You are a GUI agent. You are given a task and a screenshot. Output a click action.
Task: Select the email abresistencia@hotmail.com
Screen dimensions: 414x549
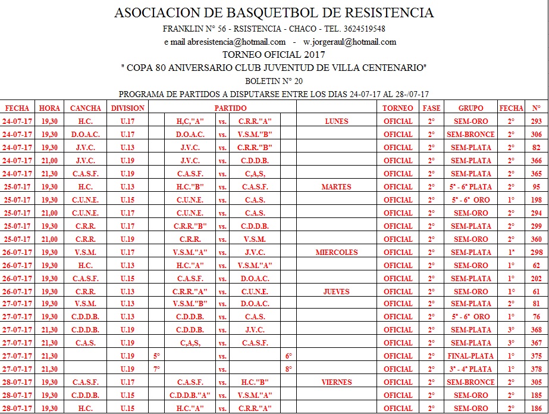tap(237, 42)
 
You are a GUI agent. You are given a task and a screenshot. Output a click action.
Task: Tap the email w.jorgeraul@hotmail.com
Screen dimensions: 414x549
tap(350, 42)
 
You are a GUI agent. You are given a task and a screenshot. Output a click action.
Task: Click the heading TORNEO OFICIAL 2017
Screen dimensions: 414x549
tap(274, 55)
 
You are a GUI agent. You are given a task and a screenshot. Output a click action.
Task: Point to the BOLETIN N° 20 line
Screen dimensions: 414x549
tap(274, 81)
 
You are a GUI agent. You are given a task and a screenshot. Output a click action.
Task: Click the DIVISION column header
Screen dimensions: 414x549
tap(127, 108)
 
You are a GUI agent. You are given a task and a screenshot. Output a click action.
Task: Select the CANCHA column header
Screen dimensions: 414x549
tap(86, 108)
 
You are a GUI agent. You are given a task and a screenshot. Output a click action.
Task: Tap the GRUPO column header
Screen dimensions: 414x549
tap(470, 108)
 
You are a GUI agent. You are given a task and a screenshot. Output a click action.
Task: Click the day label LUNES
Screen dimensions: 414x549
tap(337, 122)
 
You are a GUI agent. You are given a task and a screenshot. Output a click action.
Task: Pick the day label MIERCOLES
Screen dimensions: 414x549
tap(337, 253)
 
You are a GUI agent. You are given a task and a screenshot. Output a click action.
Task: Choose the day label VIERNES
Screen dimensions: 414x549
tap(337, 382)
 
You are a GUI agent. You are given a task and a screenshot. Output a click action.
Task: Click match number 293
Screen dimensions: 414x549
tap(537, 122)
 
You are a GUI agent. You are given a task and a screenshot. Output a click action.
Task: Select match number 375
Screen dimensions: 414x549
tap(537, 356)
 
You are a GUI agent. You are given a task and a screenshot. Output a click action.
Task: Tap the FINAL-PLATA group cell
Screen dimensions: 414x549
tap(470, 356)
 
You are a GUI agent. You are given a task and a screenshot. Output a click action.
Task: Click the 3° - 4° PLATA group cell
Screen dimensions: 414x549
tap(470, 369)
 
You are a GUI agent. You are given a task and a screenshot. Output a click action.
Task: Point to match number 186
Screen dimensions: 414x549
tap(537, 409)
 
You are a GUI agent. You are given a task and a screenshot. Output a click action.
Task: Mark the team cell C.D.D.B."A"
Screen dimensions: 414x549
tap(191, 396)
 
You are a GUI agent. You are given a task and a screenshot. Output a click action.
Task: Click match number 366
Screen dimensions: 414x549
tap(537, 161)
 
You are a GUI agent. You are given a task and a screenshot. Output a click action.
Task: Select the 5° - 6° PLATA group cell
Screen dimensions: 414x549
tap(470, 187)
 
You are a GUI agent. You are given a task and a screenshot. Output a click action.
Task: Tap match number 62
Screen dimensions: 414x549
tap(537, 266)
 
